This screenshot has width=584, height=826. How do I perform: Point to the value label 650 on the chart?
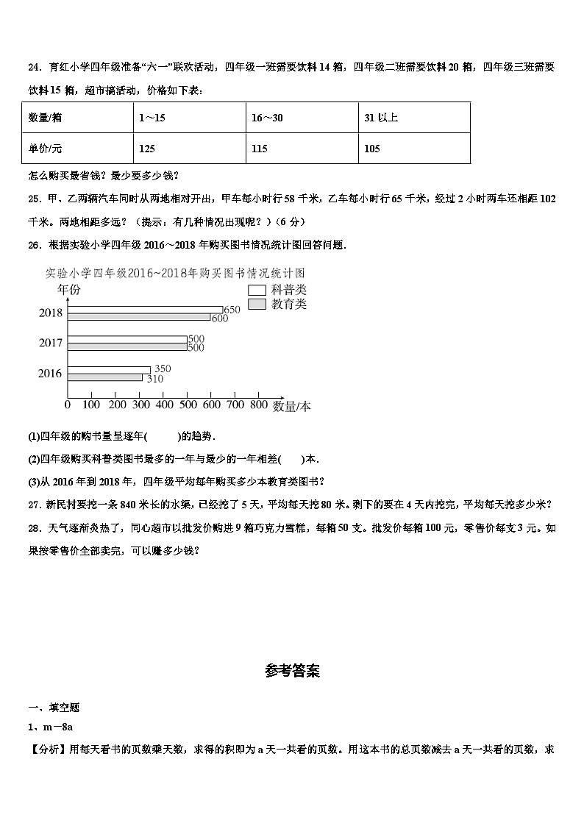coord(232,310)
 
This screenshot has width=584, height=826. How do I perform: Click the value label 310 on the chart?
coord(154,379)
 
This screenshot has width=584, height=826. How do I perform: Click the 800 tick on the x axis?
coord(259,405)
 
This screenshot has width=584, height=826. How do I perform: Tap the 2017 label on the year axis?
coord(51,343)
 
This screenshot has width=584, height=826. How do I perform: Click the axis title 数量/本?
coord(291,406)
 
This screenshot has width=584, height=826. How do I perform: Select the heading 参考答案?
coord(292,671)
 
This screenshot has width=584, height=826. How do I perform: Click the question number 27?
coord(34,504)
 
